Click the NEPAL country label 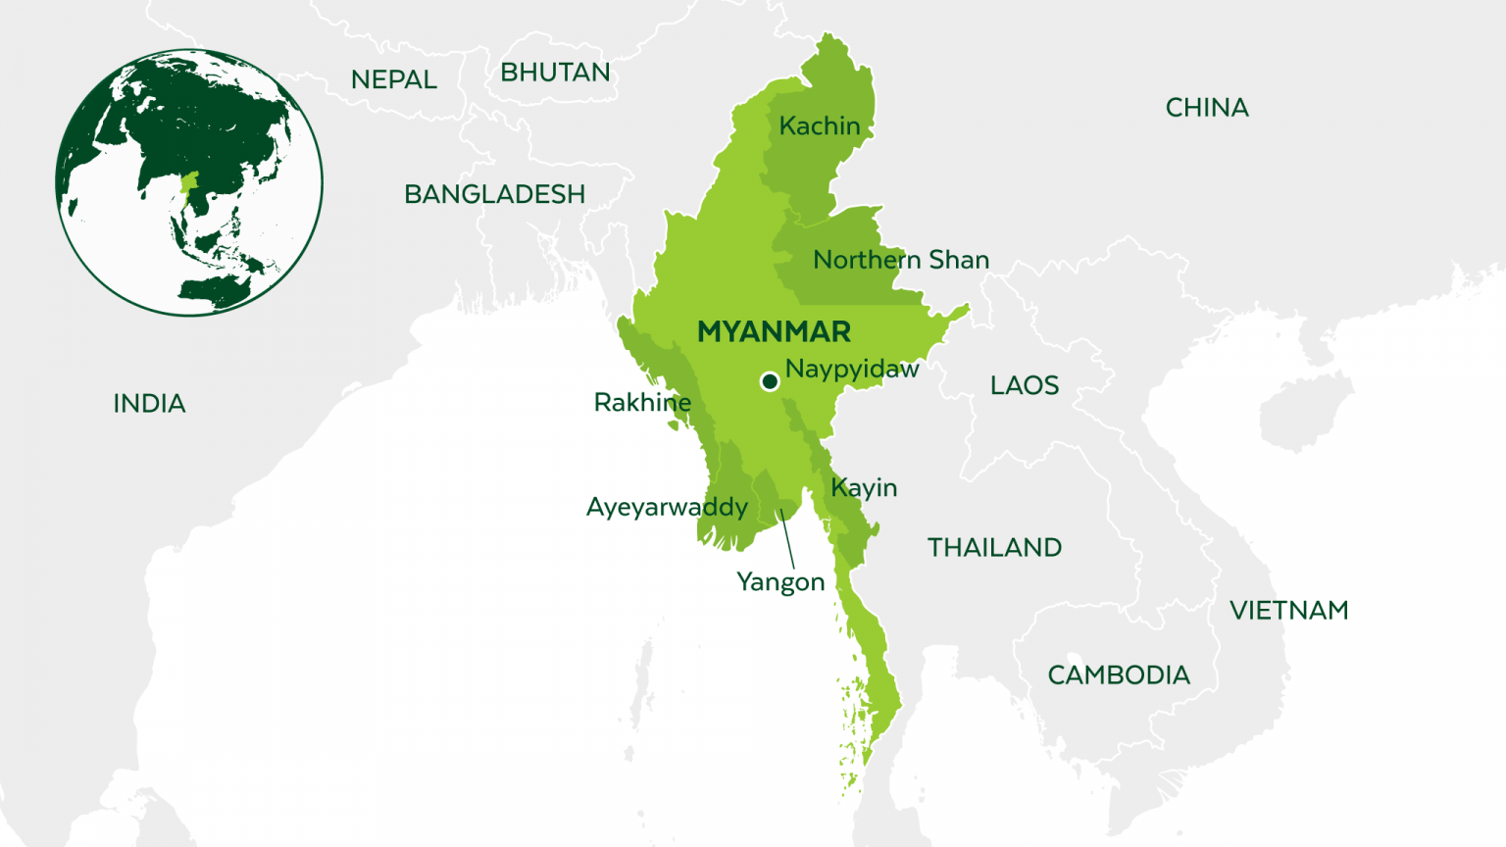tap(394, 79)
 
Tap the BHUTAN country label tap(555, 73)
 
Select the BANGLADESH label tap(494, 194)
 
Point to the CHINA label tap(1207, 108)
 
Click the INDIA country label tap(149, 404)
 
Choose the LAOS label tap(1025, 385)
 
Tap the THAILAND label tap(994, 548)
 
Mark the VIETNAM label tap(1289, 611)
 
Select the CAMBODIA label tap(1119, 675)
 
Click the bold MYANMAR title tap(774, 332)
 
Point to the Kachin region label tap(820, 126)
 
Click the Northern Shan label tap(901, 260)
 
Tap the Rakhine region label tap(642, 403)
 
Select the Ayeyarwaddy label tap(667, 508)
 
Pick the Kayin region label tap(864, 488)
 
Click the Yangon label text tap(780, 582)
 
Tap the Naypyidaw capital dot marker tap(770, 381)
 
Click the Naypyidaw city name tap(852, 370)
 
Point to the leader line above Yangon tap(787, 539)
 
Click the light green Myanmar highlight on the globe tap(189, 183)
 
